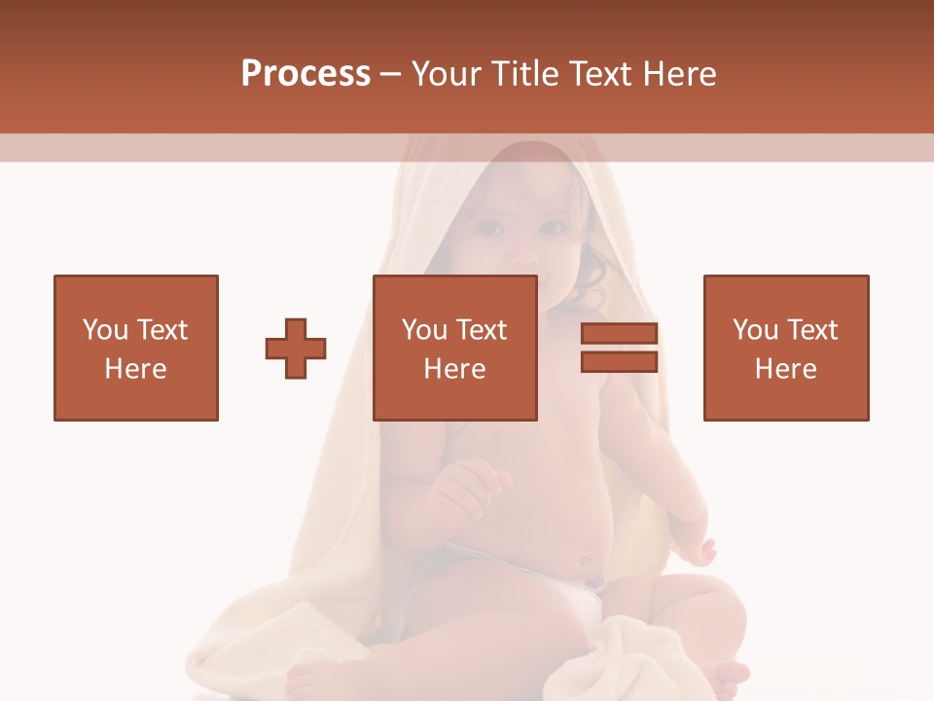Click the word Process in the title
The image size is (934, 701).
305,74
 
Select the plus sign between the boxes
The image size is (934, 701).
296,348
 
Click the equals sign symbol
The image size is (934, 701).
619,348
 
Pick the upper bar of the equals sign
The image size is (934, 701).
619,334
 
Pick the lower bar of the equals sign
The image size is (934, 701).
619,361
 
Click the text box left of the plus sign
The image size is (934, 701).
136,348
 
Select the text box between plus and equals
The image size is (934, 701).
454,348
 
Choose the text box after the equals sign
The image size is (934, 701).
786,348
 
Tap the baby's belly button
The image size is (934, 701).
585,562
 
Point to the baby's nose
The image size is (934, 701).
522,255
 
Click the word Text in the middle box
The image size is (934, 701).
483,330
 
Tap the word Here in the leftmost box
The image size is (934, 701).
136,369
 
